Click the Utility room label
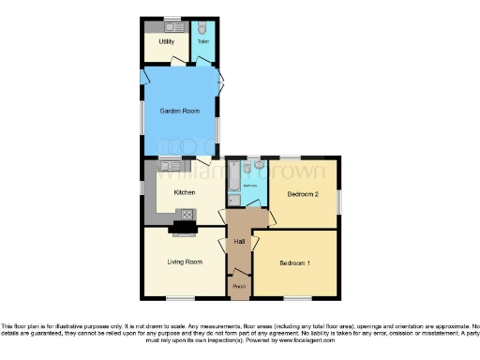167,42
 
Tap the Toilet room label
202,42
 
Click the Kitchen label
184,192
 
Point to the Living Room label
185,262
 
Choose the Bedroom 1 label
294,262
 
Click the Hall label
239,242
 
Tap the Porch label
239,286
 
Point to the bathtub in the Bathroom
232,183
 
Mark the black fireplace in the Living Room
179,227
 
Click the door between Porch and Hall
239,272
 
